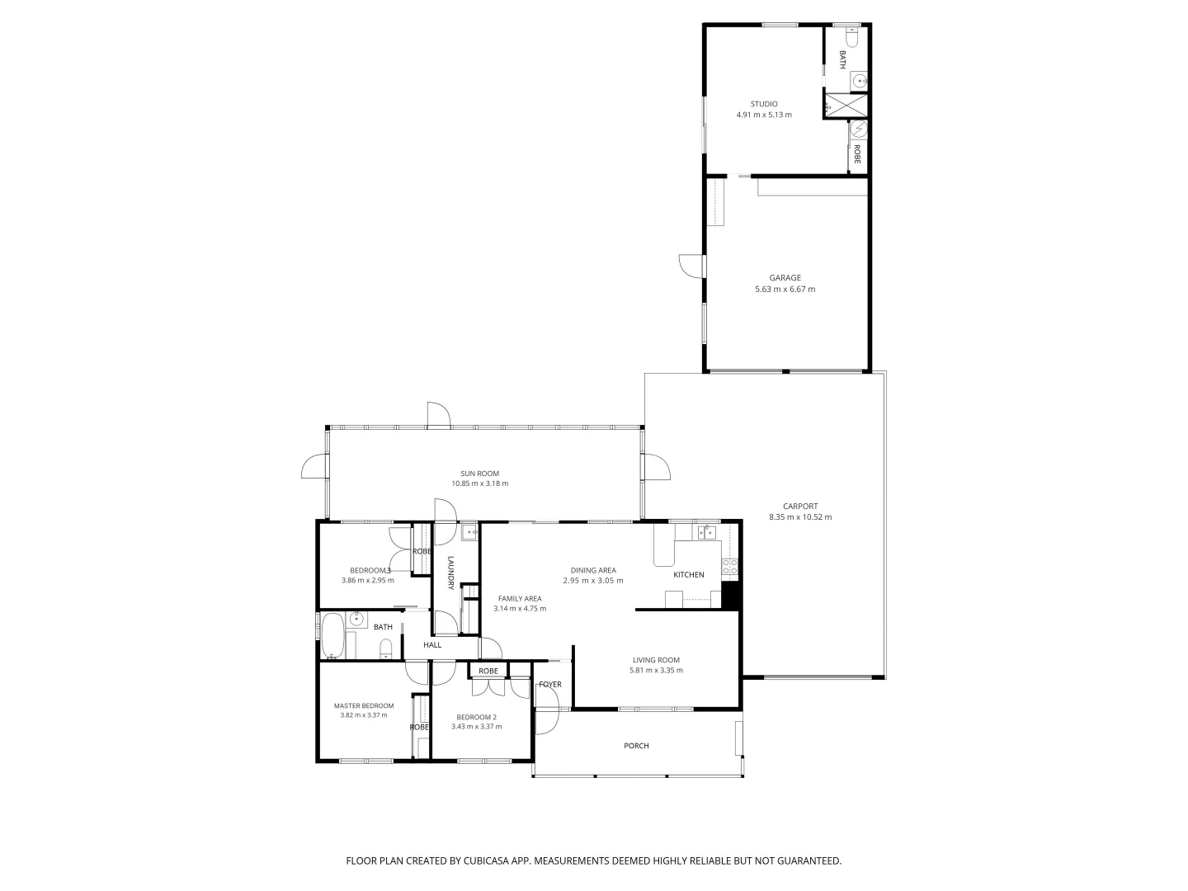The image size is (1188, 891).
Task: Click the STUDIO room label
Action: (x=763, y=104)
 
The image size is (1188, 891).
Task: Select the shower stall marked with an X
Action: (x=846, y=106)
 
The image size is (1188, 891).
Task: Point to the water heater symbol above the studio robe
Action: (x=859, y=130)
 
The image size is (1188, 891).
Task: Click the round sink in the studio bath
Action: (x=859, y=81)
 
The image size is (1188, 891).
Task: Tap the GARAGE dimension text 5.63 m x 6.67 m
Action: (x=785, y=290)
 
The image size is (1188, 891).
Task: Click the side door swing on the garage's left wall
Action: (x=689, y=266)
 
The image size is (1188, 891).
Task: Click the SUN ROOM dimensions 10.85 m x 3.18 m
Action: (x=479, y=483)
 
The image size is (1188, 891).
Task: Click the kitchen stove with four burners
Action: (x=729, y=567)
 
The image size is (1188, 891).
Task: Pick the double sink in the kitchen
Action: (x=707, y=533)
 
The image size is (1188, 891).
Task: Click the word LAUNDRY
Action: (x=451, y=573)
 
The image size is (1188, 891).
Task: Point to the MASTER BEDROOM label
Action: (x=363, y=705)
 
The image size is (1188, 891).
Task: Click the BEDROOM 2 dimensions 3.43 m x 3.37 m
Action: (x=476, y=727)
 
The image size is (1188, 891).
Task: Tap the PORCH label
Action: (x=636, y=746)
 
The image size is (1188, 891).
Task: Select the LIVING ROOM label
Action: (x=656, y=659)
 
